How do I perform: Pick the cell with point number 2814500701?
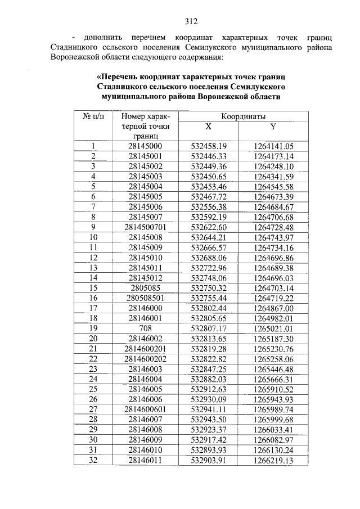click(x=145, y=227)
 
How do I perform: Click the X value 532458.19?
click(x=209, y=146)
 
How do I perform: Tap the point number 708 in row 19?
click(x=145, y=328)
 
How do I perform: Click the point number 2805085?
click(x=145, y=287)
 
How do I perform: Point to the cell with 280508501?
click(x=145, y=298)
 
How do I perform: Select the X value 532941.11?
click(x=209, y=409)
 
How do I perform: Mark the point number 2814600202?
click(x=145, y=358)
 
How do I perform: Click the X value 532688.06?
click(x=209, y=257)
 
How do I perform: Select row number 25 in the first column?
click(x=93, y=389)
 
